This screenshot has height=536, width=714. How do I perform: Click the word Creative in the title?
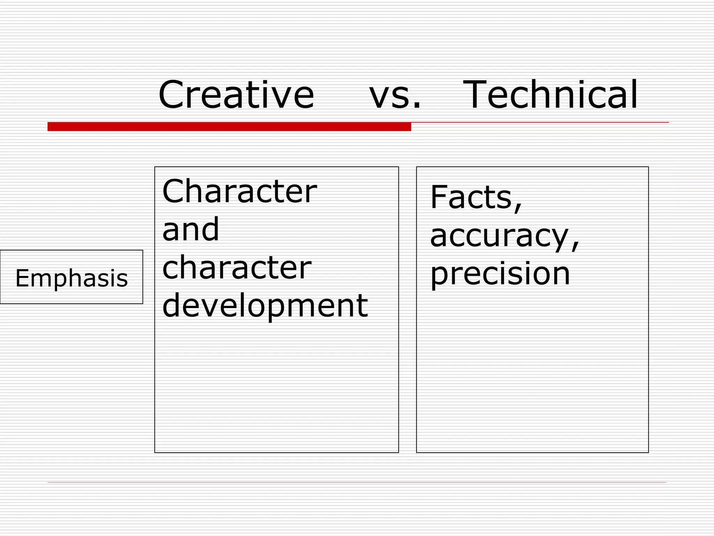(x=236, y=95)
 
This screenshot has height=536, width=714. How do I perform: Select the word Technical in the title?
(x=550, y=95)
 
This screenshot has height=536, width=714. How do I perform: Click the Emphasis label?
(x=71, y=278)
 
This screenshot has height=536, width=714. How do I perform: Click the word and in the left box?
(x=191, y=229)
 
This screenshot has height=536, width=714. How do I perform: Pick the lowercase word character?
(x=237, y=267)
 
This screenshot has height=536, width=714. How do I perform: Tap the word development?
(x=265, y=306)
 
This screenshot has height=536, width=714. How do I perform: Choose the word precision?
(x=500, y=274)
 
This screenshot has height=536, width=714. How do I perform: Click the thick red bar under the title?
(x=229, y=126)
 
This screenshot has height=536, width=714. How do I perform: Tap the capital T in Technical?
(x=476, y=95)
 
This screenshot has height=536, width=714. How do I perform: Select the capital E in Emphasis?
(x=22, y=278)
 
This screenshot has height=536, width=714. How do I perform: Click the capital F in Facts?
(x=439, y=197)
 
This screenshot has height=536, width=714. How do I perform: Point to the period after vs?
(x=417, y=105)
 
